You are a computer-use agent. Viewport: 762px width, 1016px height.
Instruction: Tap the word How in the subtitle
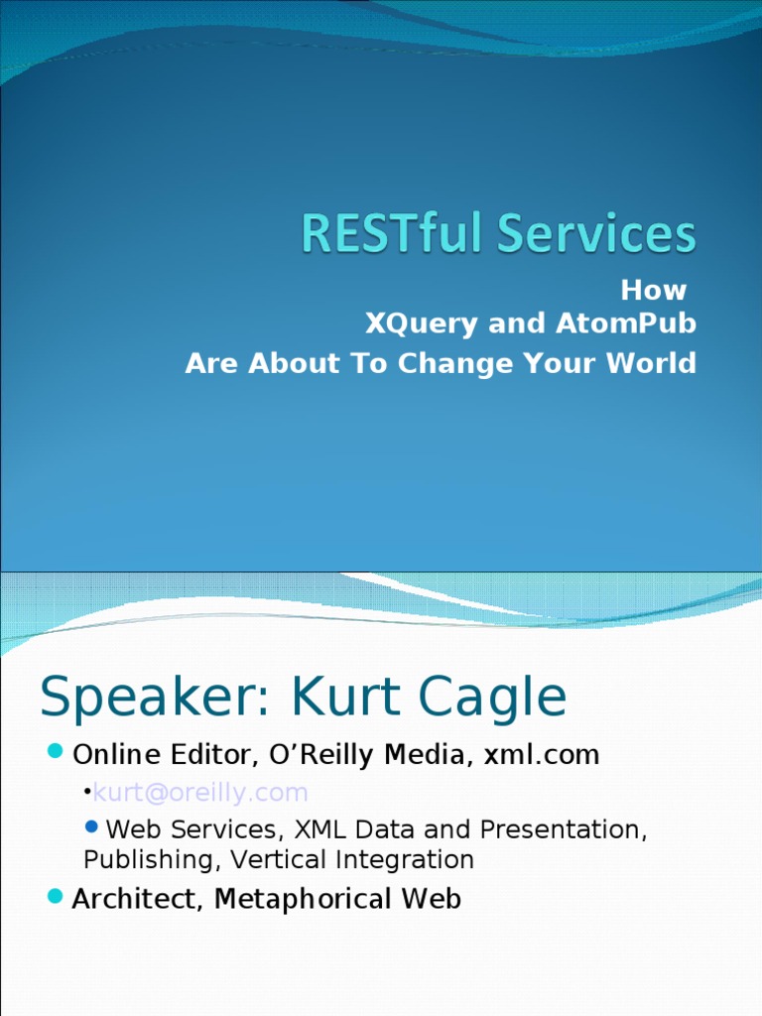point(653,291)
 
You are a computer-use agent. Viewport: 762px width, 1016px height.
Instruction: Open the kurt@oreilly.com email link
point(200,793)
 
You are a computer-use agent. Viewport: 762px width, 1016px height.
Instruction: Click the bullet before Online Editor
point(56,750)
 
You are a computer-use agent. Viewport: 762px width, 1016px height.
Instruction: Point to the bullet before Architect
point(56,896)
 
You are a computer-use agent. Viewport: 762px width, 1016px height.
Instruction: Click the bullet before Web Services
point(92,826)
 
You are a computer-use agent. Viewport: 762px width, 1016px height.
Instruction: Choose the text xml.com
point(541,755)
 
